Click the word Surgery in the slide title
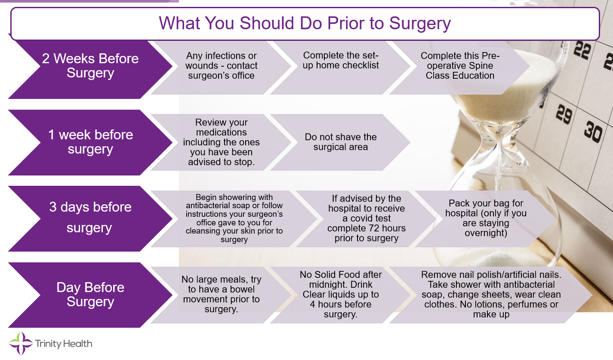[x=420, y=24]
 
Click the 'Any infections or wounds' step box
[x=222, y=67]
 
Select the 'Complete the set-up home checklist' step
[x=340, y=67]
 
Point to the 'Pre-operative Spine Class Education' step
[x=460, y=67]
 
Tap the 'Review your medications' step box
[x=222, y=142]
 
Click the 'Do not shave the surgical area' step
[x=340, y=142]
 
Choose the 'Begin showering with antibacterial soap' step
[x=234, y=218]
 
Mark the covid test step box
[x=367, y=218]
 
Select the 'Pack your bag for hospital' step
[x=486, y=218]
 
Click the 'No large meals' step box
[x=222, y=295]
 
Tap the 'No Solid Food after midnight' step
[x=340, y=295]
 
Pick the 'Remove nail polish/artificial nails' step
[x=491, y=295]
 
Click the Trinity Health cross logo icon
[x=21, y=343]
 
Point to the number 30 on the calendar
[x=593, y=132]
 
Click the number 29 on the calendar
[x=564, y=114]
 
